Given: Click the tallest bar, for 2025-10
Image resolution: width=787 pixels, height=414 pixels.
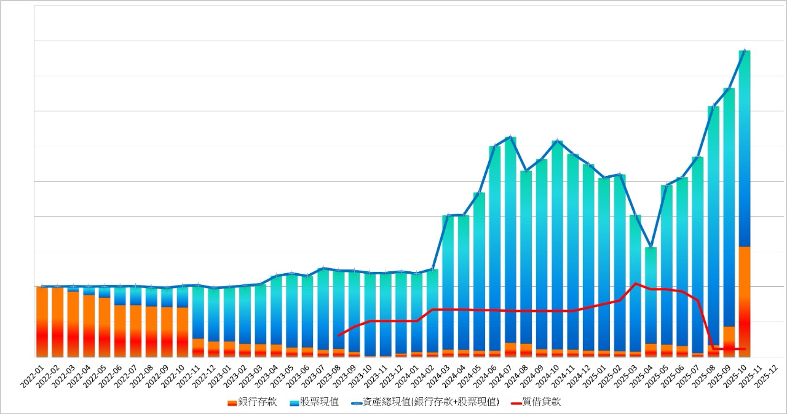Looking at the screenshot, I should pos(745,148).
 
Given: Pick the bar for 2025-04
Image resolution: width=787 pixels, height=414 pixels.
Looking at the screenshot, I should pos(651,295).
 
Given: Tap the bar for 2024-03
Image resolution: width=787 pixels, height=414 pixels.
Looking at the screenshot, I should pos(448,283).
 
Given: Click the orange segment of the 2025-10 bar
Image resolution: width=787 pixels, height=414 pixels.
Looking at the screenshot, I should pos(745,301).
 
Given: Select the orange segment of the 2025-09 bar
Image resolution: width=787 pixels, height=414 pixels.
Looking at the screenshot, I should pos(729,341).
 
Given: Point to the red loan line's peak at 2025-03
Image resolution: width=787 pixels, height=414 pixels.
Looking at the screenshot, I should pos(635,284).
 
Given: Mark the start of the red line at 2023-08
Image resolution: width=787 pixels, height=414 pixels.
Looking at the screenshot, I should pos(339,335).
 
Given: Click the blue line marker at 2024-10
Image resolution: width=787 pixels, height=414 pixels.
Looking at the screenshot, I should pos(557,141).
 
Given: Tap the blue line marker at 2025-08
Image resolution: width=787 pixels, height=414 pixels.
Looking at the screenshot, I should pos(713,106).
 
